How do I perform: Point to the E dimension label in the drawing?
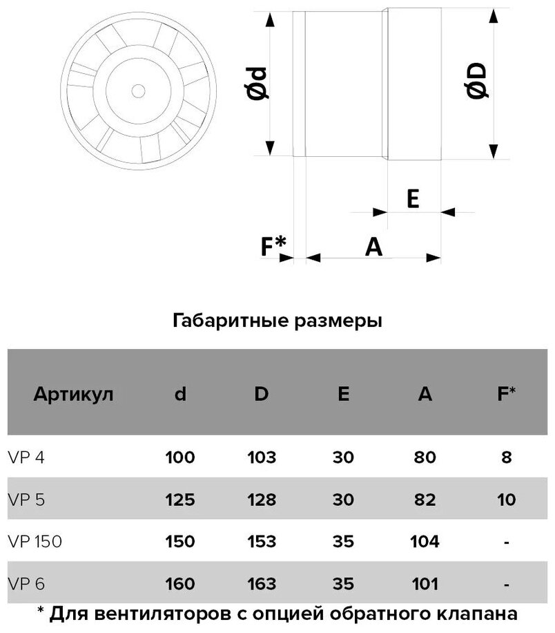click(413, 199)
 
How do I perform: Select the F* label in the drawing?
click(274, 245)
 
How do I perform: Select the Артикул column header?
click(72, 395)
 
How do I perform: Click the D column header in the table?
click(262, 395)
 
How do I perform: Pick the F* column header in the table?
click(507, 395)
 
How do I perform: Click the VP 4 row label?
click(21, 457)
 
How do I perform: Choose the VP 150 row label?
click(34, 542)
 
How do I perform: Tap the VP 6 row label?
click(21, 584)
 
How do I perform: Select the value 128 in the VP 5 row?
click(262, 500)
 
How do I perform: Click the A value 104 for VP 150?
click(425, 542)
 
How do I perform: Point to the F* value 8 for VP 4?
click(507, 457)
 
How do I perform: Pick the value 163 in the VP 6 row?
click(262, 584)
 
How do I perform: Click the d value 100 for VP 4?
click(181, 457)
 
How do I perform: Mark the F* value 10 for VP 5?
click(507, 500)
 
